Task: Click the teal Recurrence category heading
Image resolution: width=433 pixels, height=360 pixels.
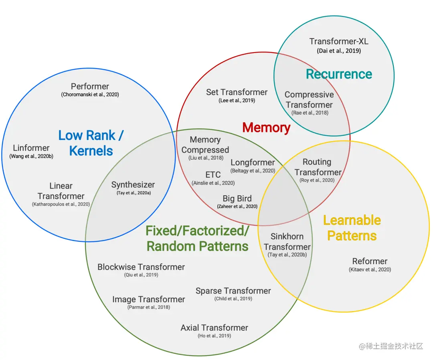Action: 339,74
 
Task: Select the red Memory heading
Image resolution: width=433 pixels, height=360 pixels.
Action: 266,127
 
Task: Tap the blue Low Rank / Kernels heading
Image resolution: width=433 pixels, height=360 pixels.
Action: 91,143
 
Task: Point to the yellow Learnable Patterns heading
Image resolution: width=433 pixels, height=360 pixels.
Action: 352,228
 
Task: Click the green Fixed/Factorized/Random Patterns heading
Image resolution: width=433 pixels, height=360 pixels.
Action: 198,238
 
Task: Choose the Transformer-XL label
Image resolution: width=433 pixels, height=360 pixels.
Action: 339,41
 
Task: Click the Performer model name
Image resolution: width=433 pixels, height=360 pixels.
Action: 90,86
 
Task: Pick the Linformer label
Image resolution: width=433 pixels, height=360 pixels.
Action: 31,148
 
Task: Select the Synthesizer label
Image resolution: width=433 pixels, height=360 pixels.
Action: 133,185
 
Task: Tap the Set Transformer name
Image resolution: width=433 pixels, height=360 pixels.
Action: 237,92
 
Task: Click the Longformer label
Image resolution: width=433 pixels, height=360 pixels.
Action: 253,162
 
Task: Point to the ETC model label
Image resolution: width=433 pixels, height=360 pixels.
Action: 213,175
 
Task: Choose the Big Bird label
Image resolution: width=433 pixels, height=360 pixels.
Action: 237,198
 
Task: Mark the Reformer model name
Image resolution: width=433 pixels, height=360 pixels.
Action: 370,261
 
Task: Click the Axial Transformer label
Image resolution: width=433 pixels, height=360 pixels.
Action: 214,328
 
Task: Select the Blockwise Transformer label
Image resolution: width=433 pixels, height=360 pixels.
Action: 141,267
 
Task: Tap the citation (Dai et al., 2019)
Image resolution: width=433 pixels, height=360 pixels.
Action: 339,51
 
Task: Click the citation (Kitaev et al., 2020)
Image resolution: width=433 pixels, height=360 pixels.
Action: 370,270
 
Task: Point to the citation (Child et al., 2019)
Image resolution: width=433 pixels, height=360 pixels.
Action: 233,299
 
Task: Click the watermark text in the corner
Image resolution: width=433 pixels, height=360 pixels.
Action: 391,346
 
